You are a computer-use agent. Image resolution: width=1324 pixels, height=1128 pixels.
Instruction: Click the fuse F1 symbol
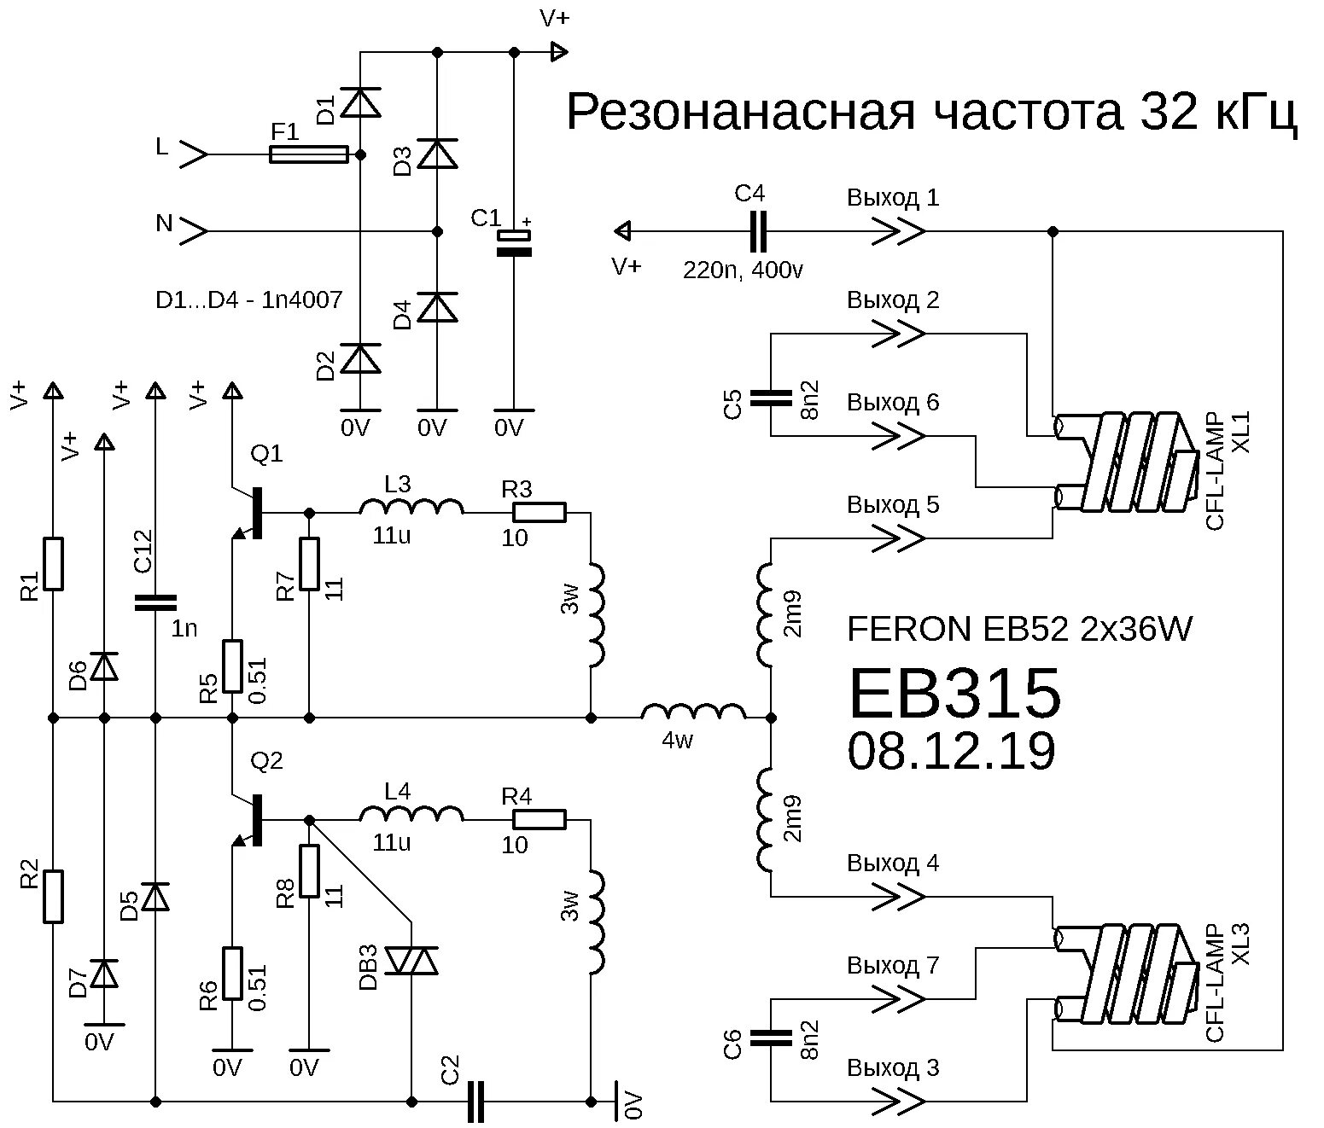pos(308,154)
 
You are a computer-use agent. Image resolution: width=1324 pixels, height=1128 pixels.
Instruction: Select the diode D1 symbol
pos(359,103)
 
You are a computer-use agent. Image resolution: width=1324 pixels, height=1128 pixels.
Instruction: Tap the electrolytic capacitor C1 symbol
pos(514,243)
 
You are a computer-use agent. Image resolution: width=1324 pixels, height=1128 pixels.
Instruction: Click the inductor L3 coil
pos(411,509)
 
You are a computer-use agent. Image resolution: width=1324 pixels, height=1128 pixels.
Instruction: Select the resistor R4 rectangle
pos(539,820)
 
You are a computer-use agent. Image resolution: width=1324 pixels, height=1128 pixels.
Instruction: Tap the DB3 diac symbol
pos(411,961)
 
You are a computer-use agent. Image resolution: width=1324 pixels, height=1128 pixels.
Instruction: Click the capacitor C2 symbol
pos(475,1102)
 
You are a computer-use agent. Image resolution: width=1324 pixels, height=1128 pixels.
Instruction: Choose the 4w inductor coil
pos(692,713)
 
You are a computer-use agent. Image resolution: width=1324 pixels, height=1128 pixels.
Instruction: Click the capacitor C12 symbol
pos(155,603)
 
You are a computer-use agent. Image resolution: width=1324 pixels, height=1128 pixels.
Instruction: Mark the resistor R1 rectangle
pos(53,563)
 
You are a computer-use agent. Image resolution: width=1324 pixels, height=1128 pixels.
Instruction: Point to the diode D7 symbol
pos(104,974)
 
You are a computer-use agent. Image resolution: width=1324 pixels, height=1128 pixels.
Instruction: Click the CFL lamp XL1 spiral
pos(1127,462)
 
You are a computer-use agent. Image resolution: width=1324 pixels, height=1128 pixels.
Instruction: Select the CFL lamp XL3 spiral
pos(1127,974)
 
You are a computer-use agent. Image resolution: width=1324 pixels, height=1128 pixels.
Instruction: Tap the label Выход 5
pos(892,504)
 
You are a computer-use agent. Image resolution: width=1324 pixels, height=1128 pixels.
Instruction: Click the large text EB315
pos(954,694)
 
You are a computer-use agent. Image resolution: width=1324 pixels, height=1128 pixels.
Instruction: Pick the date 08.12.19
pos(951,752)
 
